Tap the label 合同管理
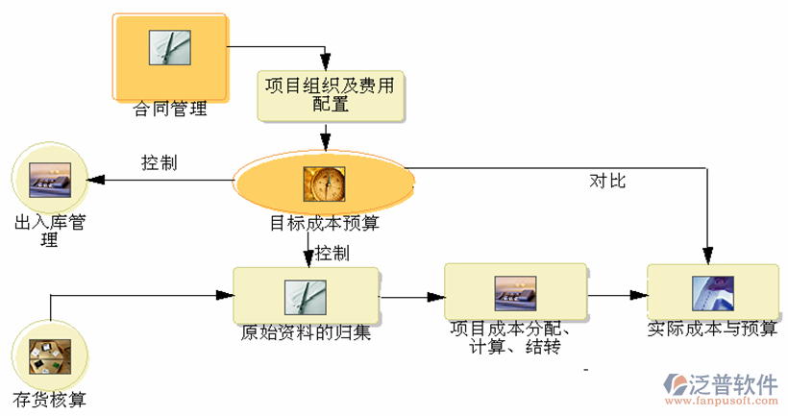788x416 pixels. (170, 109)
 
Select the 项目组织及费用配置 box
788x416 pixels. (331, 95)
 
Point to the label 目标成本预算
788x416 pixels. (324, 224)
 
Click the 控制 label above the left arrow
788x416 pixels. (159, 162)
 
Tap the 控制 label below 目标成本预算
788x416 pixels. (332, 254)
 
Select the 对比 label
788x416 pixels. (607, 181)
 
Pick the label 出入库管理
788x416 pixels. (50, 232)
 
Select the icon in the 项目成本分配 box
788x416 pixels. (515, 291)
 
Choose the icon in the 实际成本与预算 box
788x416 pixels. (712, 292)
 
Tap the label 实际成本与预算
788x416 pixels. (712, 329)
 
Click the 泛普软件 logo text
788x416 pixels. (733, 385)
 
